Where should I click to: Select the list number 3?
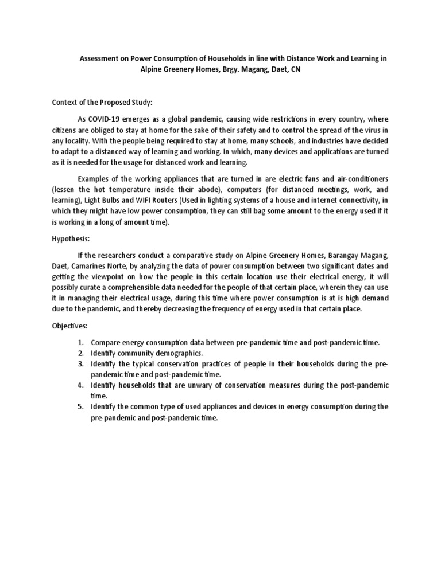[80, 363]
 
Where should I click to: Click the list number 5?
[80, 406]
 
